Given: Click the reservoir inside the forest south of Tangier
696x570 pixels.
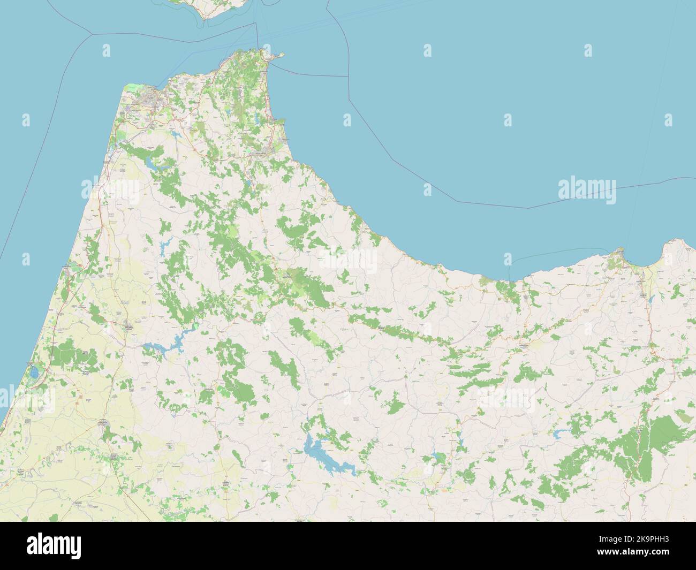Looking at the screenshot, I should tap(155, 166).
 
